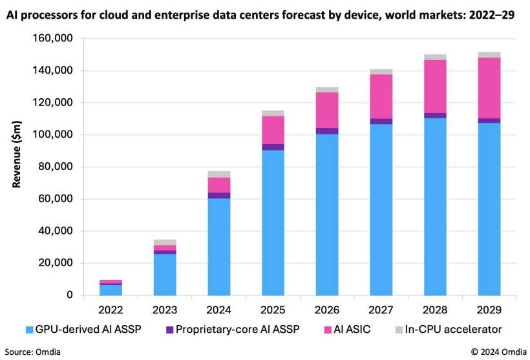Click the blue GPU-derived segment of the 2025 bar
(273, 222)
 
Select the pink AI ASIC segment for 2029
(489, 88)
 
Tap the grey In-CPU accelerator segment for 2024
(218, 174)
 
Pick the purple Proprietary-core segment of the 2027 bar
(381, 121)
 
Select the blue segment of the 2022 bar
(111, 290)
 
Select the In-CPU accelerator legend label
(453, 330)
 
